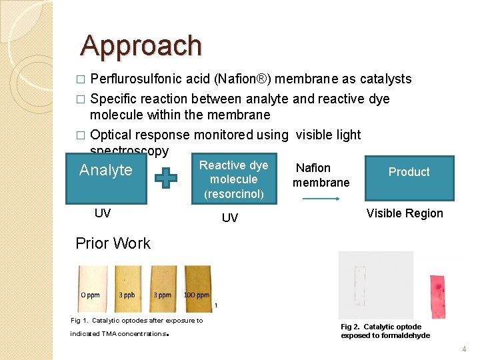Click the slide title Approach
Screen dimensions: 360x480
point(141,45)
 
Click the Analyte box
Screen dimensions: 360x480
point(106,178)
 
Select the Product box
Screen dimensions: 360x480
point(409,177)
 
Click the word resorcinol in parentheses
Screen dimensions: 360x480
point(233,194)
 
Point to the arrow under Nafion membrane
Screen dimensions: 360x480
point(320,199)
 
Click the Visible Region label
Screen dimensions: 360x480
point(405,213)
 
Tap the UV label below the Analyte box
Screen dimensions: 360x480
point(103,213)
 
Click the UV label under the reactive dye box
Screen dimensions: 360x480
point(229,218)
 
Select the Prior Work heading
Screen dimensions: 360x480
point(113,243)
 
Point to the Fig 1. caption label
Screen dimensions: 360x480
point(80,321)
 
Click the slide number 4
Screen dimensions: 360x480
point(465,349)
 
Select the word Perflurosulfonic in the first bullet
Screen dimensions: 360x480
point(136,79)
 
